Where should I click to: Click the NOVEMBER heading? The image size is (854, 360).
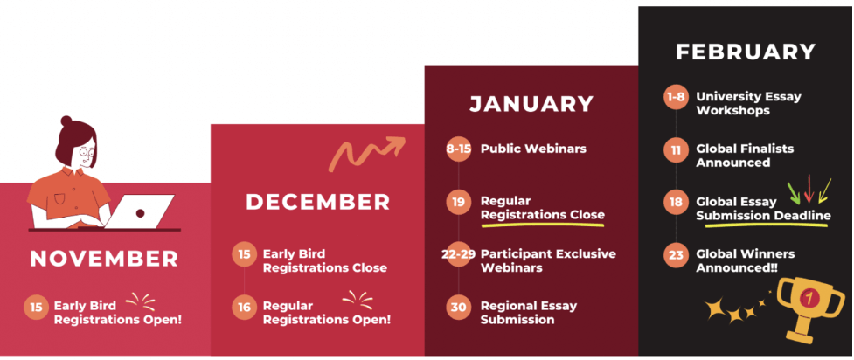point(104,259)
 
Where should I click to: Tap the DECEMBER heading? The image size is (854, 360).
point(318,202)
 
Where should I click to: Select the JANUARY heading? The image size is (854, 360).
point(531,105)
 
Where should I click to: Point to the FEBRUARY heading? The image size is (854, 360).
point(746,52)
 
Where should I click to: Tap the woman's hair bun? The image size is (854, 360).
point(66,121)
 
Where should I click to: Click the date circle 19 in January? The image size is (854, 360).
point(459,202)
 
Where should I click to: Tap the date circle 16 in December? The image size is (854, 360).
point(244,308)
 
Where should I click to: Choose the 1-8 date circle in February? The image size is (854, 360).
point(676,98)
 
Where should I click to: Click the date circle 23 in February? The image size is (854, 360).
point(676,254)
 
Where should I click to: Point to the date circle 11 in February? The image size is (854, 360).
point(676,149)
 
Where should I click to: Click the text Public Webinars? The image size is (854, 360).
point(533,149)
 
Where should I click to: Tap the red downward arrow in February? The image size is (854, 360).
point(809,189)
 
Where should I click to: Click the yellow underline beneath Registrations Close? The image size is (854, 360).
point(543,224)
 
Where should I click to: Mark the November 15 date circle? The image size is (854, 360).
point(36,308)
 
